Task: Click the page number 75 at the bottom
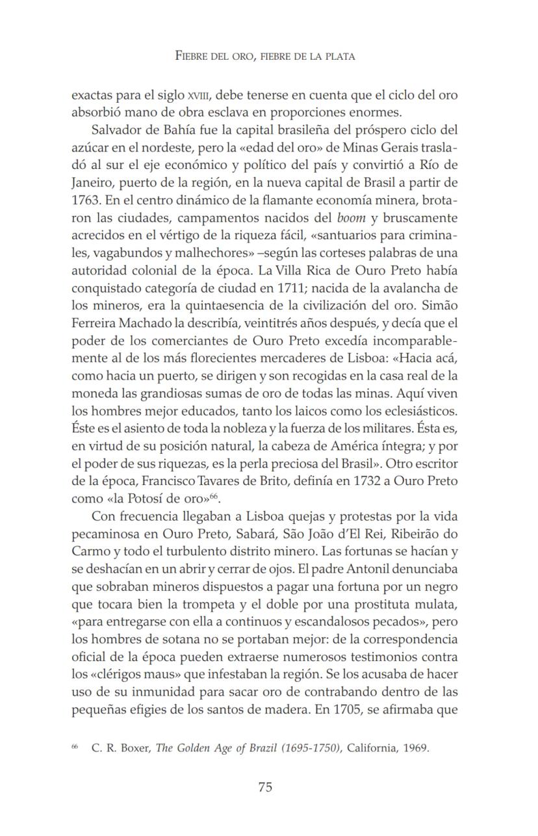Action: pyautogui.click(x=265, y=787)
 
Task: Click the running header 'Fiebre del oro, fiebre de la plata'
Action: pyautogui.click(x=265, y=57)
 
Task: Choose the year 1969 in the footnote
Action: pyautogui.click(x=415, y=748)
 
